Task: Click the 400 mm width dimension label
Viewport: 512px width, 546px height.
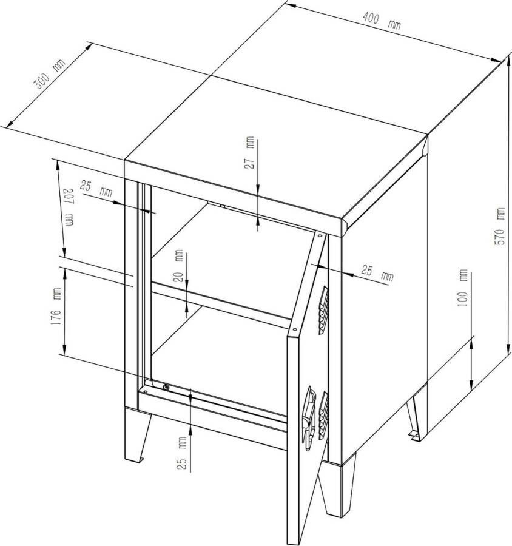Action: pos(382,21)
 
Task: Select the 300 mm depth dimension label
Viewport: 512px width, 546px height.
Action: pos(49,74)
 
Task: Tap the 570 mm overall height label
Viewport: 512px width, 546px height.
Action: pos(500,226)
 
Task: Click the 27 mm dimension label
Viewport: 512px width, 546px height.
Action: pos(249,152)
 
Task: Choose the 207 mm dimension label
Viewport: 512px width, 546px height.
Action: pos(69,208)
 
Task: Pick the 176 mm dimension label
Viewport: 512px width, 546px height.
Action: pos(56,306)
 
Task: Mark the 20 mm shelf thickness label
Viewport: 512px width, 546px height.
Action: pos(178,266)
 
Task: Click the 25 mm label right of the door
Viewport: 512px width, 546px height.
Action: pos(377,272)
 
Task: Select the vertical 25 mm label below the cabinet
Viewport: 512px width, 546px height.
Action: pos(182,453)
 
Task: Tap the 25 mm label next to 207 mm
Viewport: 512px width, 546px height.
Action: pos(96,189)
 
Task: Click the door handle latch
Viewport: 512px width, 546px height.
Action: pos(309,418)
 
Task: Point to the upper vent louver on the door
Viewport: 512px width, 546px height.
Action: pos(323,310)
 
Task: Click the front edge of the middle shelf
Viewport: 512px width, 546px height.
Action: pos(221,305)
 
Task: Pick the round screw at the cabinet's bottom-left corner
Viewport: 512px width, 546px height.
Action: pos(166,386)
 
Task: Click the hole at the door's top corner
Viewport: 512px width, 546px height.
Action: pos(320,236)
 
